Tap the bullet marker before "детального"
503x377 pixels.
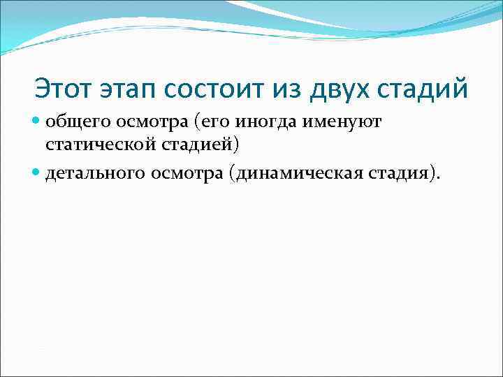pos(37,172)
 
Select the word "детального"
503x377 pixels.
pos(96,172)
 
